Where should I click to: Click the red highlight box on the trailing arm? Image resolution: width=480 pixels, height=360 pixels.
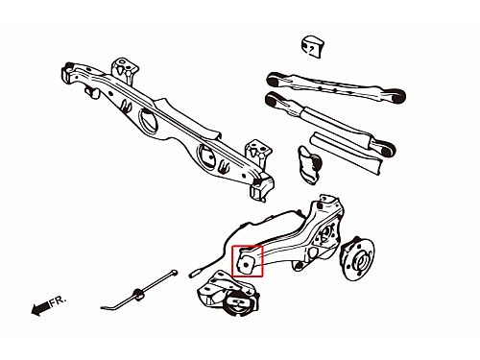click(247, 246)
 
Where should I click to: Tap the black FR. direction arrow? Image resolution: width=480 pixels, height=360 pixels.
click(40, 309)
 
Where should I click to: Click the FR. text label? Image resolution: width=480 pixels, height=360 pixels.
click(59, 300)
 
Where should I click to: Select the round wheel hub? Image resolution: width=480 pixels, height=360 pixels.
click(357, 258)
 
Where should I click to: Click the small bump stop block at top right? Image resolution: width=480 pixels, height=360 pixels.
click(312, 47)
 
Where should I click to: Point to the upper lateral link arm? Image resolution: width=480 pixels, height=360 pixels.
click(336, 87)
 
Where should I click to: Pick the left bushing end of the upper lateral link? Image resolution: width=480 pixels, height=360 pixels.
click(274, 80)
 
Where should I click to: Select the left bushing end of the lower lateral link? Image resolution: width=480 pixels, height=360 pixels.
click(273, 100)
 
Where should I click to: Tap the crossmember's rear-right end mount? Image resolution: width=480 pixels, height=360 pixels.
click(262, 187)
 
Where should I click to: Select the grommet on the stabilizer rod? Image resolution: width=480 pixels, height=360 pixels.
click(138, 294)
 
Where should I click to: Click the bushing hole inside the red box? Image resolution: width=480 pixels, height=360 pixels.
click(246, 265)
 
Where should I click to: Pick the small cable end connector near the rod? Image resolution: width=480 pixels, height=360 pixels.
click(195, 273)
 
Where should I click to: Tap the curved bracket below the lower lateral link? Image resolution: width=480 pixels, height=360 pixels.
click(309, 165)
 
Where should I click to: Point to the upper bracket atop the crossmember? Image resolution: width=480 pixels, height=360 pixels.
click(125, 69)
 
